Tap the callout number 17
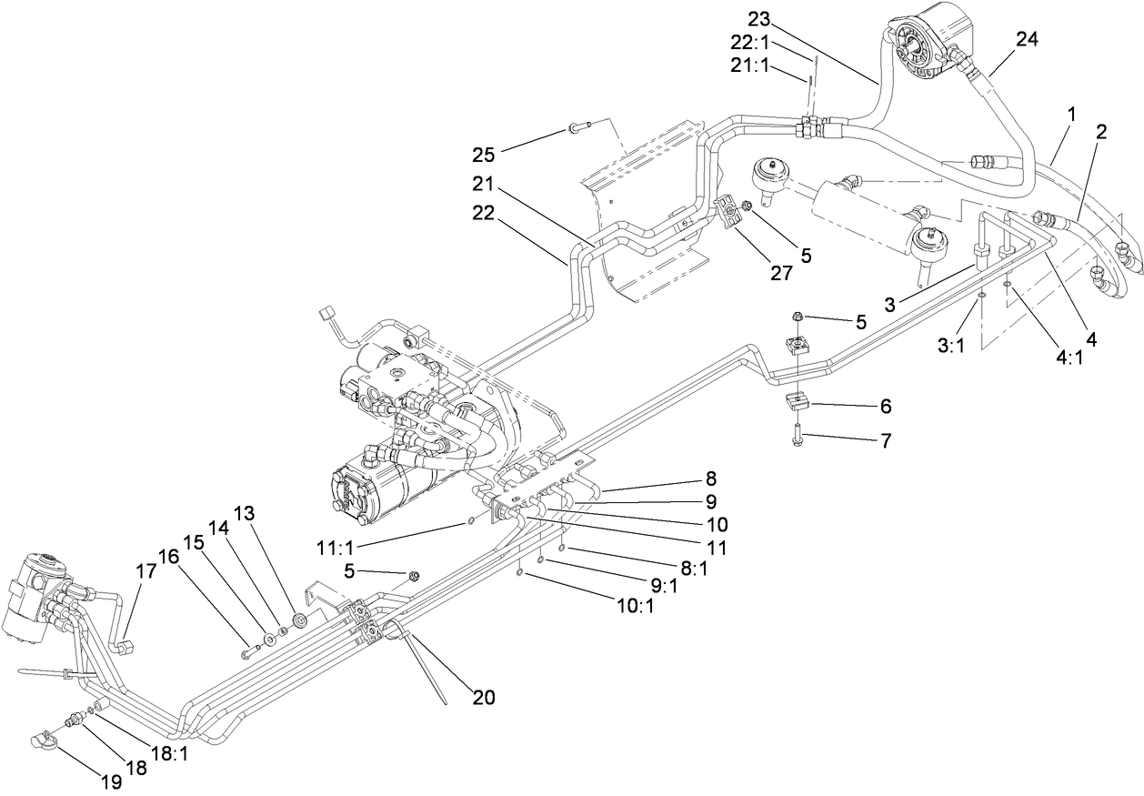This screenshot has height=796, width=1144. (146, 573)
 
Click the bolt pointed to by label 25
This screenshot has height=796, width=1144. (578, 127)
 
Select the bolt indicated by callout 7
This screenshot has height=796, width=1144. (798, 431)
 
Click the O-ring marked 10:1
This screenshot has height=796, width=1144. (519, 573)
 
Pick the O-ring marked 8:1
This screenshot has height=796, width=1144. (563, 549)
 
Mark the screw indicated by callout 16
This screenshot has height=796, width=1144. (249, 650)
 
